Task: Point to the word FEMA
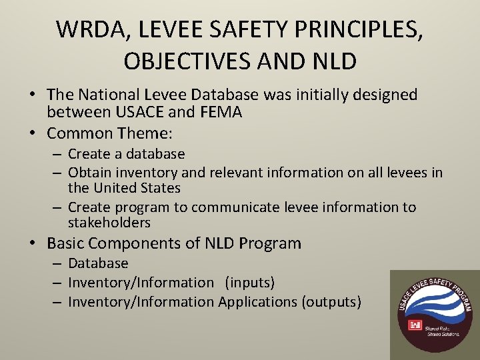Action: (221, 113)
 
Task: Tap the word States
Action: (159, 188)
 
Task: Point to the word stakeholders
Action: (109, 223)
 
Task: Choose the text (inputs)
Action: (249, 283)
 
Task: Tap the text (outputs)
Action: (331, 302)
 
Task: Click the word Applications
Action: (258, 302)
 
